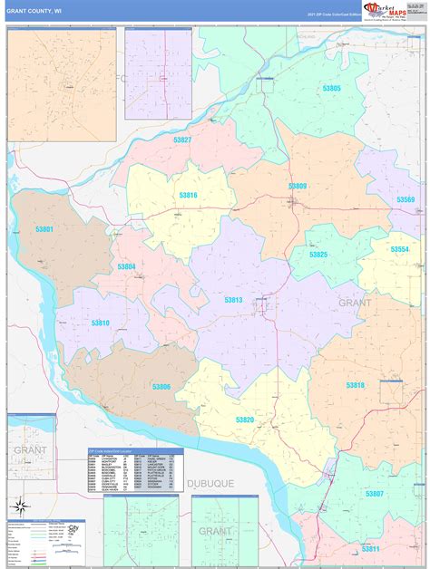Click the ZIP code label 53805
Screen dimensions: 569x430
tap(331, 88)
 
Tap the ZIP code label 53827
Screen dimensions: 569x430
tap(182, 140)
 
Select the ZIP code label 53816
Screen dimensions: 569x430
tap(188, 195)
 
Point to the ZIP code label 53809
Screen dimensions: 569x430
tap(298, 186)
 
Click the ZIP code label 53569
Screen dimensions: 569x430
tap(405, 199)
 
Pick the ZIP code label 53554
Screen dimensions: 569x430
tap(400, 249)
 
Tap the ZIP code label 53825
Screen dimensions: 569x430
tap(318, 255)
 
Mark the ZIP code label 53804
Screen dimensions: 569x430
tap(126, 266)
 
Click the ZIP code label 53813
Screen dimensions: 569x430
tap(233, 299)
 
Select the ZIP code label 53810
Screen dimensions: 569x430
tap(100, 323)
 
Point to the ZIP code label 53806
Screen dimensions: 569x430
tap(161, 387)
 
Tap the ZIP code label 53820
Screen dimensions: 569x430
tap(245, 420)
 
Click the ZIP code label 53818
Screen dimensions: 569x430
tap(355, 385)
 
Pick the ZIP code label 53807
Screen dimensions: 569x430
tap(374, 494)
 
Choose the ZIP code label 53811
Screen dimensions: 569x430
tap(370, 549)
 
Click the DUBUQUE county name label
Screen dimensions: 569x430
tap(210, 484)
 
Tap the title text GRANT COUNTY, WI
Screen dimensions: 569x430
tap(34, 12)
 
